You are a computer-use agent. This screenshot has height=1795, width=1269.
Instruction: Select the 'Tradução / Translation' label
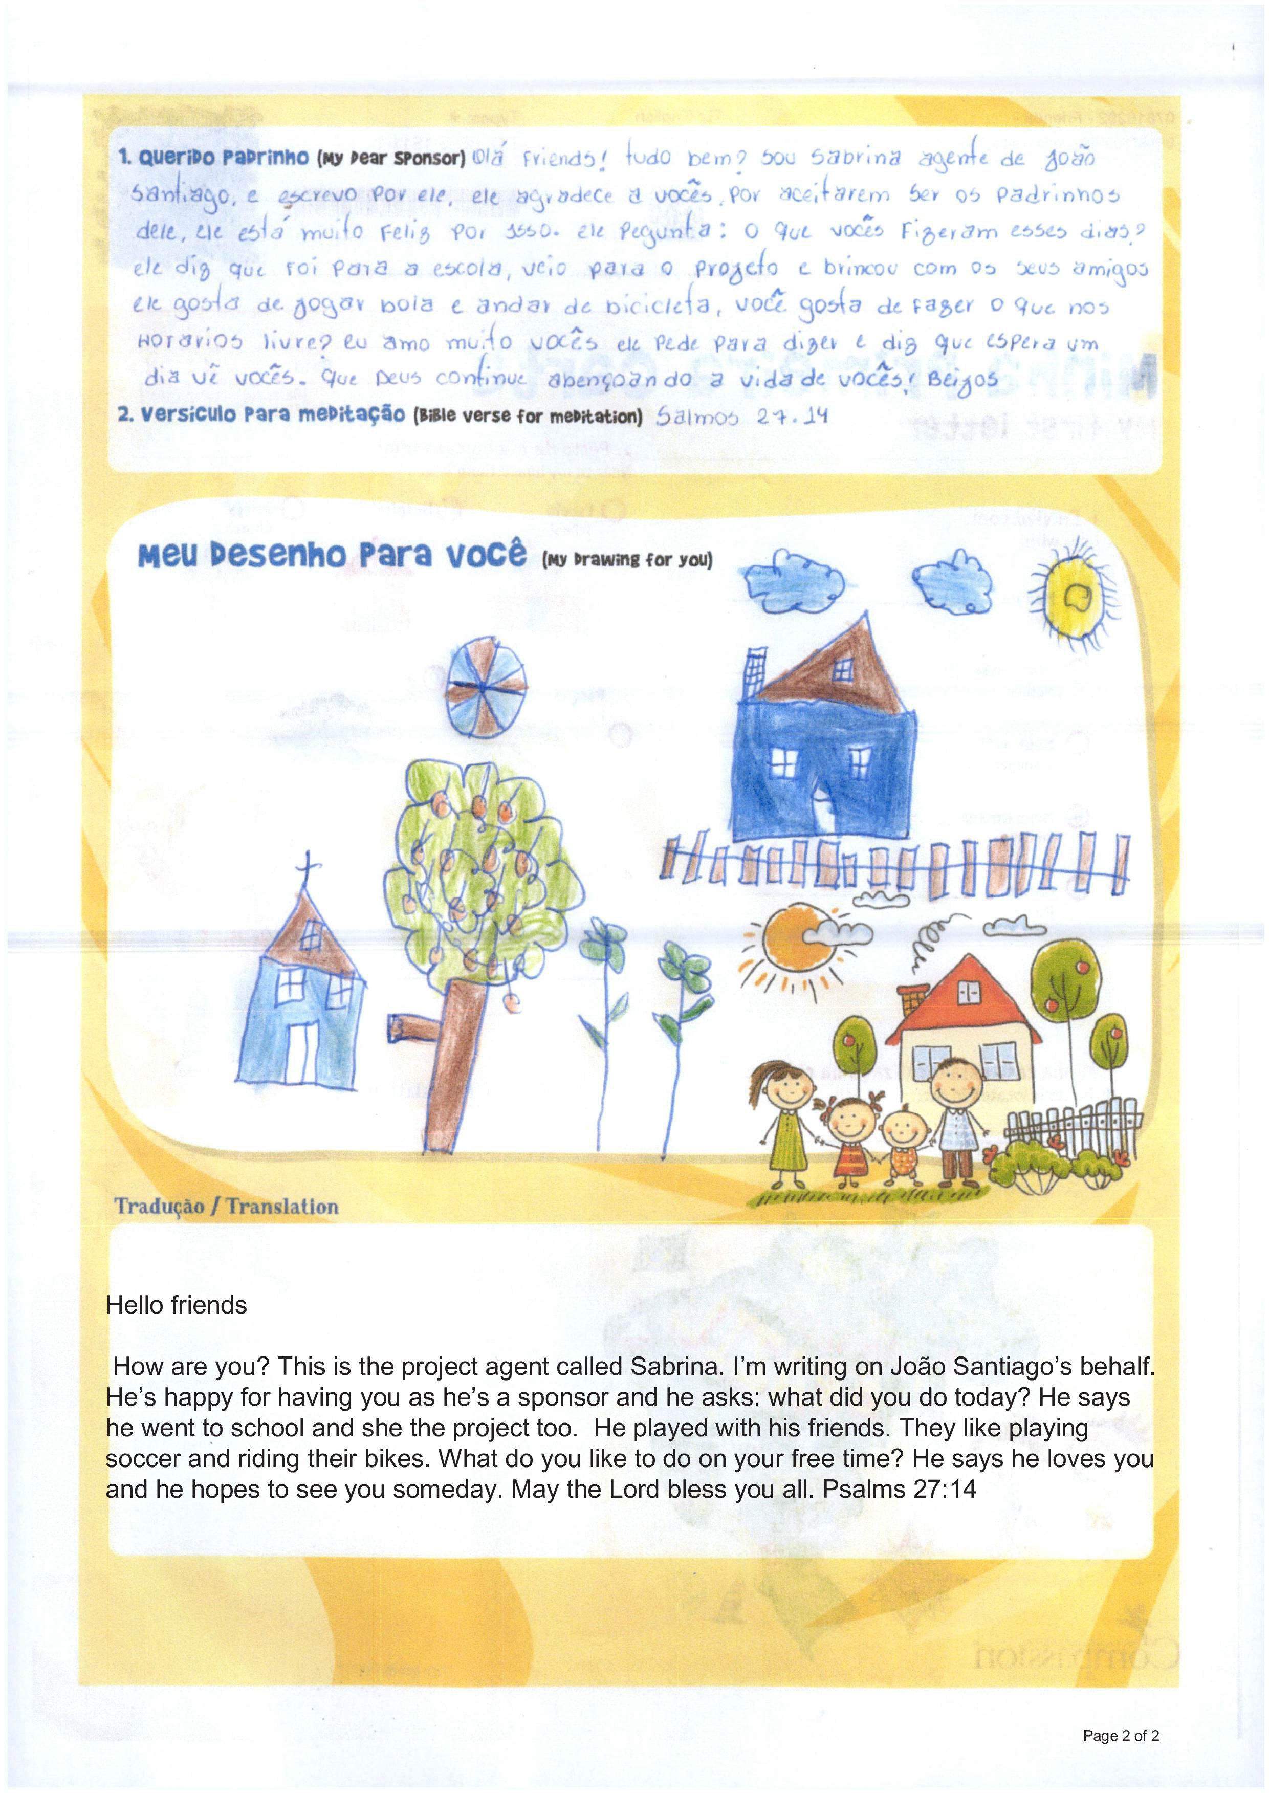pos(227,1207)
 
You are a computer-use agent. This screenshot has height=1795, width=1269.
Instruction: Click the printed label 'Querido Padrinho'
pos(213,157)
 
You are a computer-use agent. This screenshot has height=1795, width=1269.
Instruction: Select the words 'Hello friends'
pos(177,1305)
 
